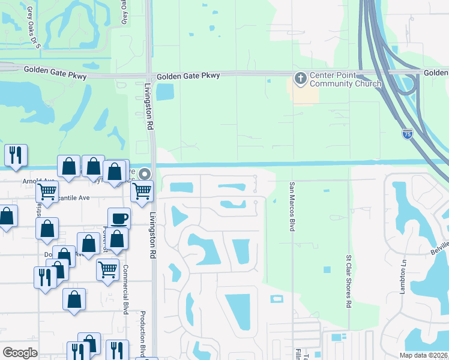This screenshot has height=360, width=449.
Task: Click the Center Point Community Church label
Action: click(345, 80)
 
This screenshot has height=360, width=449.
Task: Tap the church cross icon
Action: click(300, 78)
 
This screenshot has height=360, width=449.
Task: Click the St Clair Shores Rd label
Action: click(348, 281)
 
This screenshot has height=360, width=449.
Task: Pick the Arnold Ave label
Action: click(38, 181)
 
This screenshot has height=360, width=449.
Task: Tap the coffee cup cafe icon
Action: click(119, 217)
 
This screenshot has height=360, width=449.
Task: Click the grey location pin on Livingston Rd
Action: click(145, 174)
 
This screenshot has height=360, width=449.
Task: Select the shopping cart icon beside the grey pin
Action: click(142, 191)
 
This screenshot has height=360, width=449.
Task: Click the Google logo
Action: click(20, 352)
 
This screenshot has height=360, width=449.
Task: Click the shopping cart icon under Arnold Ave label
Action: click(47, 192)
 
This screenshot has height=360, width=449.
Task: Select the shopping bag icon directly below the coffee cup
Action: click(118, 239)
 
